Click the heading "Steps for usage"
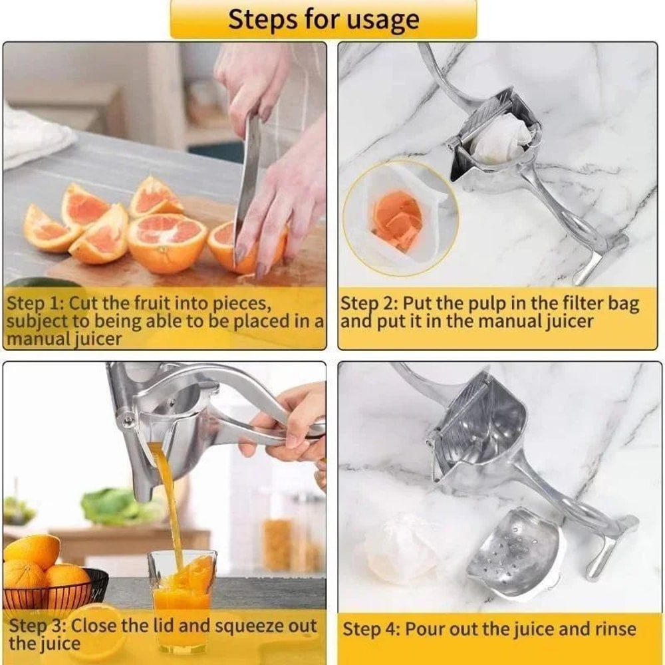[x=323, y=19]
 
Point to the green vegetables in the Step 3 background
[x=120, y=505]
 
